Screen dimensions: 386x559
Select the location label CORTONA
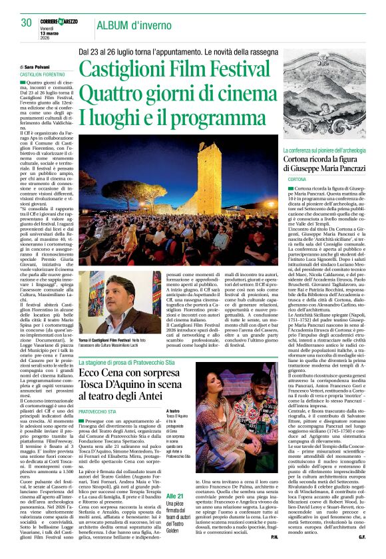296,180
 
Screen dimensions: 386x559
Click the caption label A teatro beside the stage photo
173,412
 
